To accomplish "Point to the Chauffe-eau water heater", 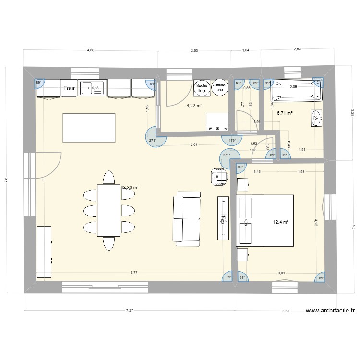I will click(220, 87).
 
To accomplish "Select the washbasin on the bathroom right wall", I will click(316, 118).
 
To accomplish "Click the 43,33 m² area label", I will click(130, 188).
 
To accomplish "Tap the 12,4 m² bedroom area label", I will click(281, 222).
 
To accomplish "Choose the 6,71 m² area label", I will click(285, 113).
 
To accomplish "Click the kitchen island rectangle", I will click(89, 128).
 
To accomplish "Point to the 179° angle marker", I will click(232, 141).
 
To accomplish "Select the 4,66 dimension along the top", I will click(90, 50).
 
